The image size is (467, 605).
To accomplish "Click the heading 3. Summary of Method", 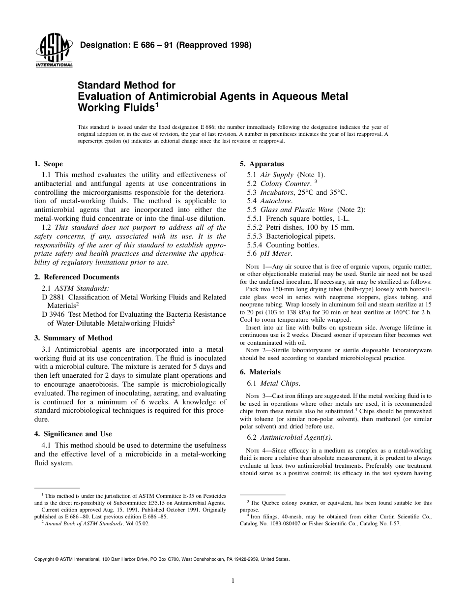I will pyautogui.click(x=73, y=338).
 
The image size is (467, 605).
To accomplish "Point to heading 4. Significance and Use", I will pyautogui.click(x=73, y=434).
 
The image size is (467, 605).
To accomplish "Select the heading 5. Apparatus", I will pyautogui.click(x=262, y=164).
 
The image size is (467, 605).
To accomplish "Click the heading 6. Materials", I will pyautogui.click(x=260, y=372).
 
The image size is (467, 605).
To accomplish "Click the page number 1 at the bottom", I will pyautogui.click(x=233, y=581).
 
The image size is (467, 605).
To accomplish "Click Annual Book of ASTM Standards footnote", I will pyautogui.click(x=83, y=523).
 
